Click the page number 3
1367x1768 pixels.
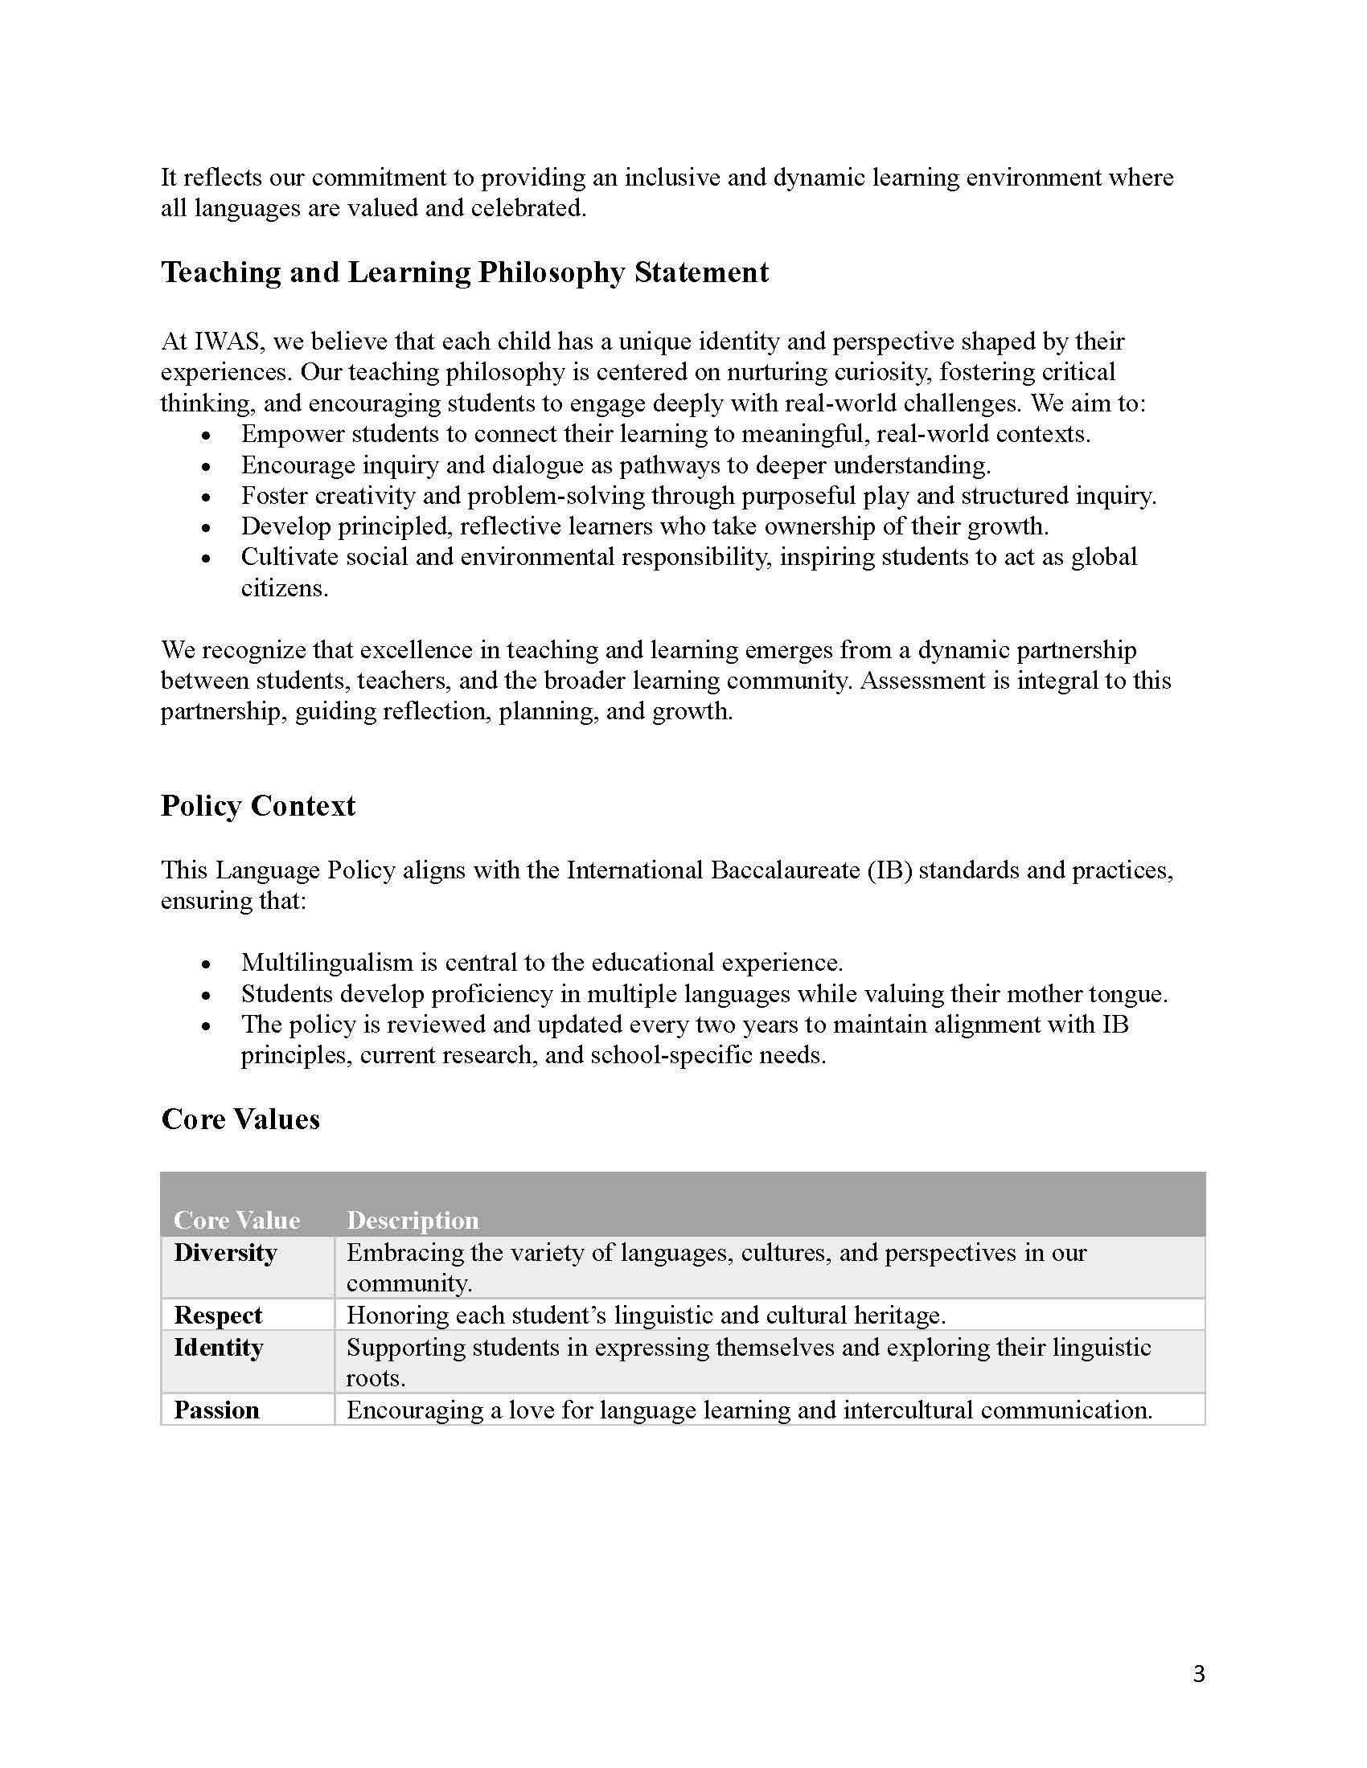click(1199, 1673)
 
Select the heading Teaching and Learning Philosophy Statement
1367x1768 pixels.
click(464, 272)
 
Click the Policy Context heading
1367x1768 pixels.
click(257, 805)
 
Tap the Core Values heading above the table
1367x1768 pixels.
click(240, 1119)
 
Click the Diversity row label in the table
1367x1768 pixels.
click(225, 1252)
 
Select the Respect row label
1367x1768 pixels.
click(218, 1316)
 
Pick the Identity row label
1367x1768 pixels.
click(218, 1347)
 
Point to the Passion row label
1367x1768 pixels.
click(216, 1410)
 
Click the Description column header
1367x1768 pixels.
click(413, 1220)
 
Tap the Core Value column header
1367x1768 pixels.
click(236, 1220)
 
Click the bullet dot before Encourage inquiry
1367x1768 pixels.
click(207, 467)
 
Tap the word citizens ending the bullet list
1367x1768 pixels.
click(284, 588)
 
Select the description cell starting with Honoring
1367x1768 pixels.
click(646, 1316)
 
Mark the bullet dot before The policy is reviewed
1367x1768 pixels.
click(207, 1026)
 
